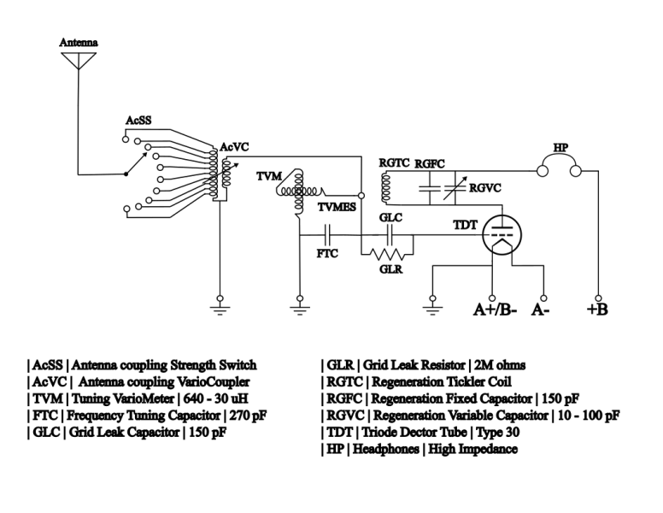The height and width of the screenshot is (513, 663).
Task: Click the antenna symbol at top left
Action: (x=78, y=60)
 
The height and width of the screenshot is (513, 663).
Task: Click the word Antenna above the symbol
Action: (x=78, y=42)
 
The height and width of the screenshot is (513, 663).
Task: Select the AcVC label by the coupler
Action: (x=234, y=147)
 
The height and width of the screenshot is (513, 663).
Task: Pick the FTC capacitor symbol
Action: (x=327, y=233)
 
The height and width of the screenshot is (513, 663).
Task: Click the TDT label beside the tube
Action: (x=466, y=227)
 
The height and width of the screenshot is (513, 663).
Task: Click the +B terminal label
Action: (x=597, y=309)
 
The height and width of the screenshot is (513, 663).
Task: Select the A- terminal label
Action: (x=541, y=309)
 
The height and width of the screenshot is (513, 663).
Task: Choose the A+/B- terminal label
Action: (x=495, y=309)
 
